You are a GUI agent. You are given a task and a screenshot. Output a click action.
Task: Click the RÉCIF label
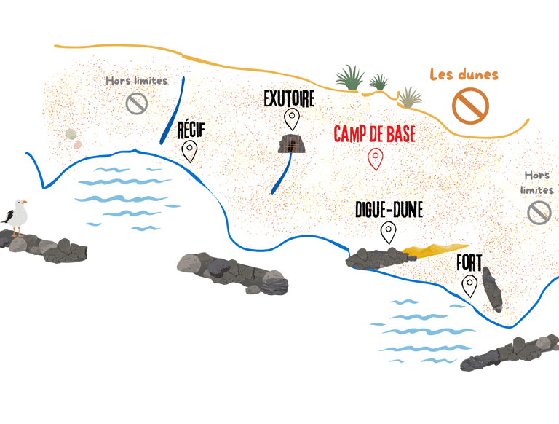click(x=191, y=131)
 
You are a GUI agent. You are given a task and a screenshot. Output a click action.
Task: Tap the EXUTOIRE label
click(x=289, y=98)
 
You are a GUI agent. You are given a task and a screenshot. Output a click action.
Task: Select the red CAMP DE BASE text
click(x=375, y=134)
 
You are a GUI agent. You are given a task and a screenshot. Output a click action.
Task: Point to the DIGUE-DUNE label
click(x=389, y=211)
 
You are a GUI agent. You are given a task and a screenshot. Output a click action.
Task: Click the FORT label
click(x=469, y=262)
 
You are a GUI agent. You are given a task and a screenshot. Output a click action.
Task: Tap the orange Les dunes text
click(x=464, y=74)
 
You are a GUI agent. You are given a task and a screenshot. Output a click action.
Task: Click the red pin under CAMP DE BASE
click(x=375, y=158)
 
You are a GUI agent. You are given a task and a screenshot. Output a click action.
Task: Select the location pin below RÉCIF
click(x=190, y=151)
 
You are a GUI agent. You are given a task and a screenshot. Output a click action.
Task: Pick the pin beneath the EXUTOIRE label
click(x=292, y=118)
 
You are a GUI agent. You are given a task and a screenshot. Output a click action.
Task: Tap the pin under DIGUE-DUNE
click(x=389, y=232)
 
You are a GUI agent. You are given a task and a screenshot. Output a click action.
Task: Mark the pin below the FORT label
click(x=470, y=285)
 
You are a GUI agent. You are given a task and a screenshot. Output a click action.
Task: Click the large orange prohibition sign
click(x=470, y=106)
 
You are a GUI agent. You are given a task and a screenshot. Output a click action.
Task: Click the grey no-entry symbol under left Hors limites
click(x=137, y=103)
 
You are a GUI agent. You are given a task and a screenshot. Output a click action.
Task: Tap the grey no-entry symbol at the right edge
click(x=539, y=213)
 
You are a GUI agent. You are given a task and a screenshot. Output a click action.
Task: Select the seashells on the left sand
click(x=72, y=137)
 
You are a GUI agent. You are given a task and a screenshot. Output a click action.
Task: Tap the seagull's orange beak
click(x=24, y=203)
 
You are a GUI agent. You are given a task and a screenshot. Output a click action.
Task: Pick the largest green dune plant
click(x=350, y=79)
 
